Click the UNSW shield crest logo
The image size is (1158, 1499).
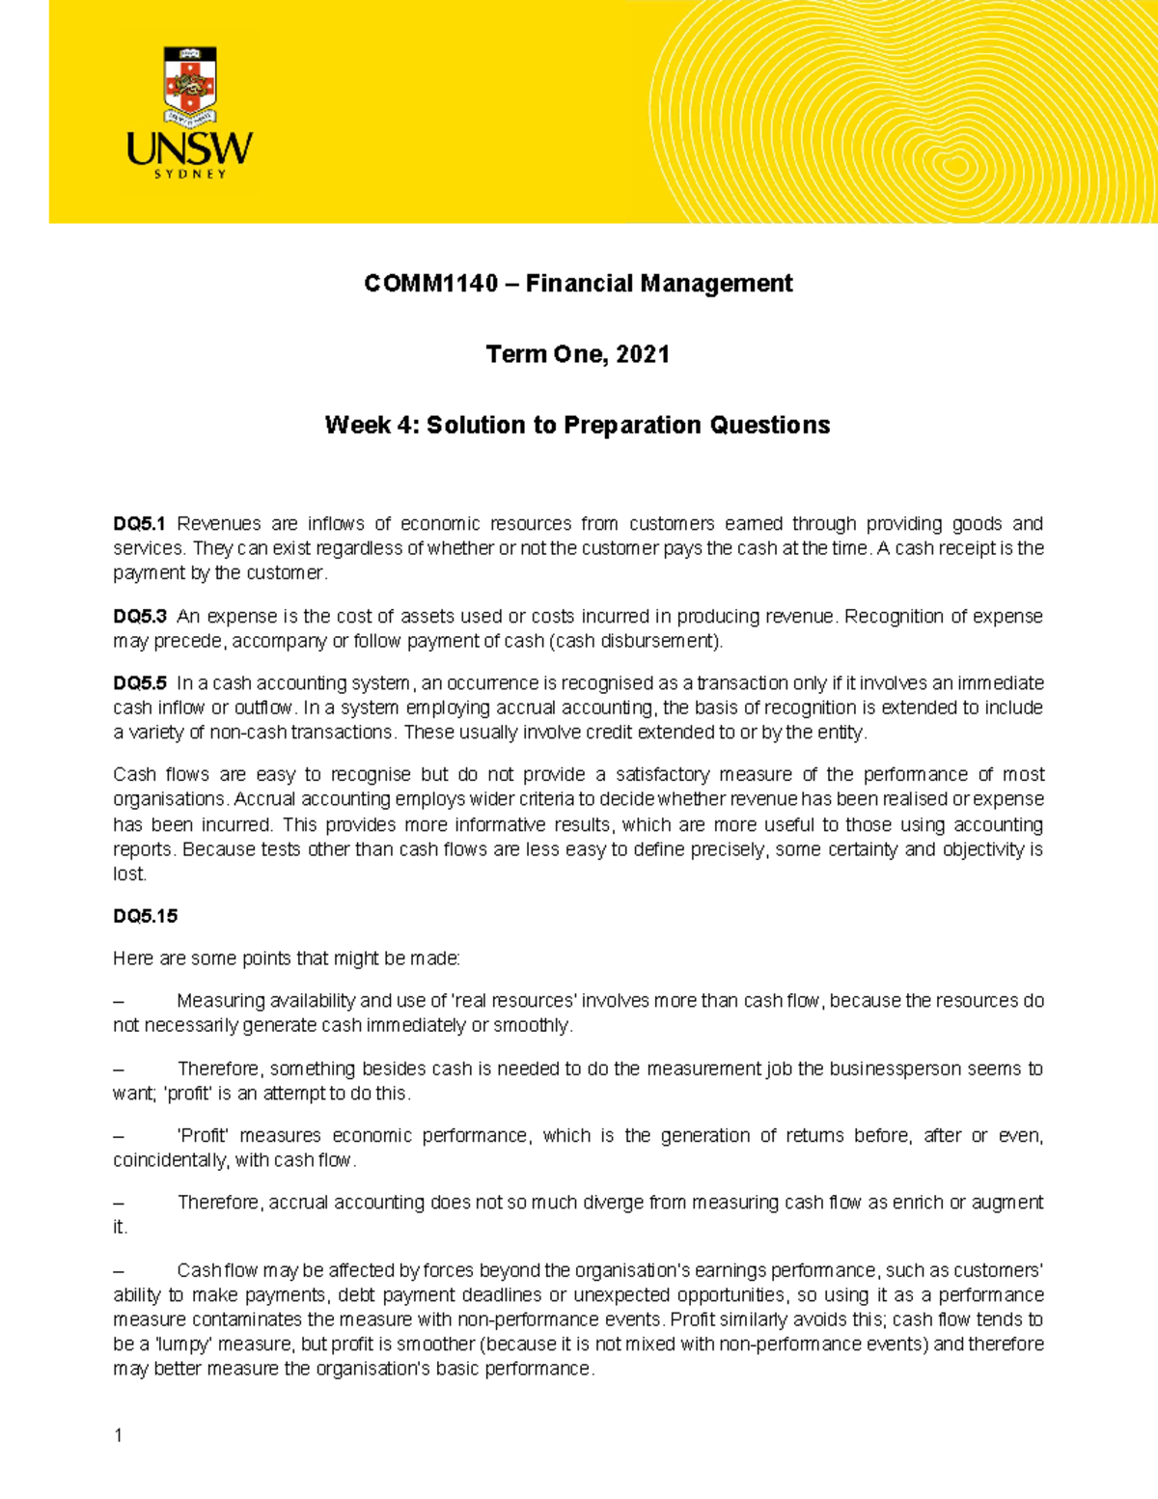point(190,87)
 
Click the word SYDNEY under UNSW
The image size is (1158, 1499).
point(190,175)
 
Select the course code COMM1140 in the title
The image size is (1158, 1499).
point(431,284)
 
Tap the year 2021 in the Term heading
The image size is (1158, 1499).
point(643,354)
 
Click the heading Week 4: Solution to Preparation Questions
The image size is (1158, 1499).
point(577,426)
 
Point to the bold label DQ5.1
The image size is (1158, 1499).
point(139,524)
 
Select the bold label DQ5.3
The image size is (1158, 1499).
point(140,617)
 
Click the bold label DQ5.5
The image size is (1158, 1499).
point(140,683)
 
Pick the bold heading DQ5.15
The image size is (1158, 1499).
point(145,916)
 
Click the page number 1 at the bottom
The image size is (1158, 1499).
point(118,1435)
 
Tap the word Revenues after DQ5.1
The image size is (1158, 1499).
point(219,524)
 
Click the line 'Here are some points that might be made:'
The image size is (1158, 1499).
point(287,958)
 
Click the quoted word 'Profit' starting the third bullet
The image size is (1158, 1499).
point(202,1136)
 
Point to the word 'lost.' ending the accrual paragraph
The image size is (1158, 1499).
point(129,874)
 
